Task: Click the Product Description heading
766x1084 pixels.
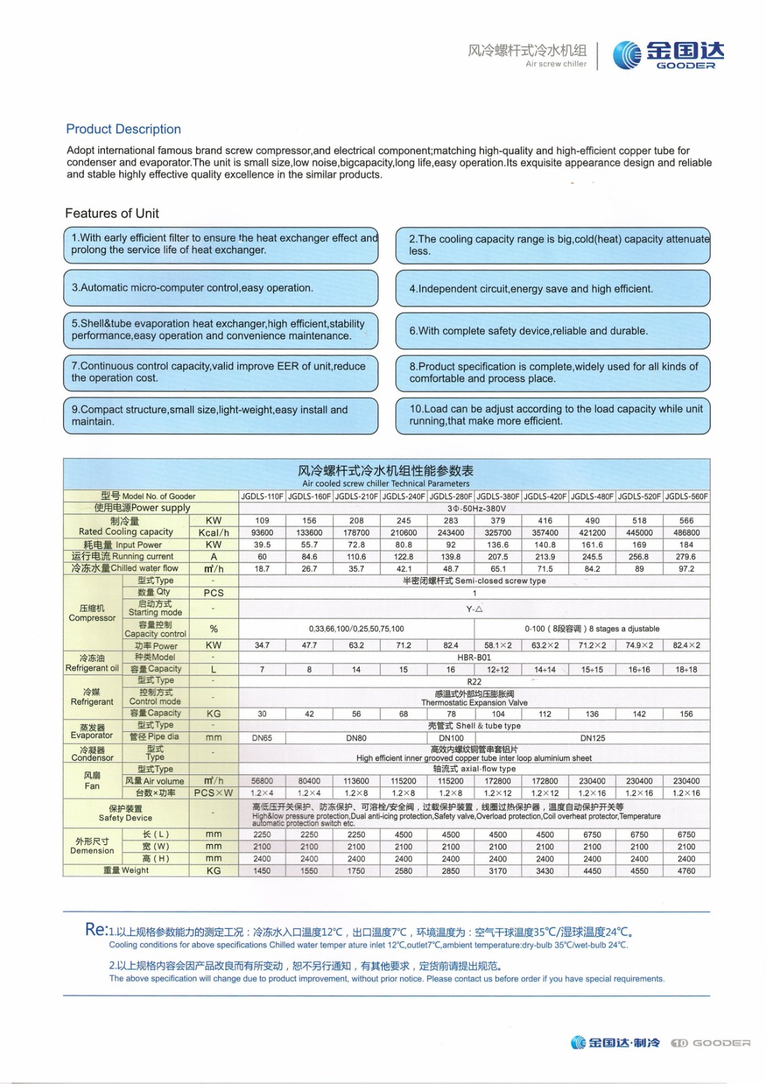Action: click(123, 129)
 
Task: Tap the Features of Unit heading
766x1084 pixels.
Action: click(112, 213)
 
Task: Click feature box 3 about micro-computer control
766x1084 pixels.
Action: click(220, 288)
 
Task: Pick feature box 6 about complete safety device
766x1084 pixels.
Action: click(553, 331)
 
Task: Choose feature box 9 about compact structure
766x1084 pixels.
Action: click(220, 415)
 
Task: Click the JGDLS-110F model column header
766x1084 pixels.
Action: click(262, 497)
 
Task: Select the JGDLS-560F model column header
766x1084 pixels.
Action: click(686, 497)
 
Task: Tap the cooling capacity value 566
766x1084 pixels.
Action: click(686, 520)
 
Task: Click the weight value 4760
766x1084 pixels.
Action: click(686, 871)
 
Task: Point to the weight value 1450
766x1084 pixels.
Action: click(262, 871)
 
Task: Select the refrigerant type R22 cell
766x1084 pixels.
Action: click(474, 682)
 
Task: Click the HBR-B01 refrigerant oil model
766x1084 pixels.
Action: click(474, 657)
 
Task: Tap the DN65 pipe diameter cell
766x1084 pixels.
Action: click(262, 738)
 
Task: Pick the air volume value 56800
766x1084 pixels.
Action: click(262, 781)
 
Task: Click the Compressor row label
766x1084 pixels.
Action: click(92, 613)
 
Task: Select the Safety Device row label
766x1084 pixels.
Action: click(125, 813)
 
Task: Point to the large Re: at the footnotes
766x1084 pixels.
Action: click(95, 930)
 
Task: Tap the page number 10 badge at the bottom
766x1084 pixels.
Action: click(679, 1043)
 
